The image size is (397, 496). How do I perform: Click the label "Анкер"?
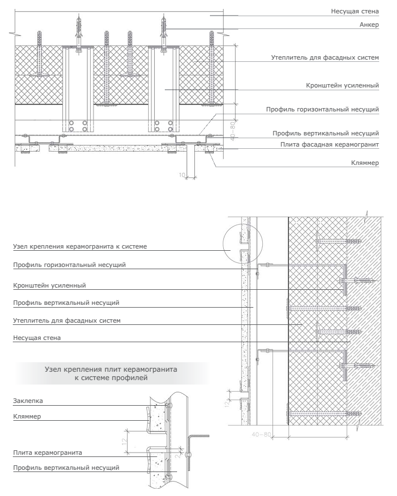point(370,25)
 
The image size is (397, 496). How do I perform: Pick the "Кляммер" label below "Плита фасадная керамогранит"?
point(366,164)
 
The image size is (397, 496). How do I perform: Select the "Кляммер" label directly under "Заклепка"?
point(26,416)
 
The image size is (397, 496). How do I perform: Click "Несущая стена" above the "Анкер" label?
point(355,11)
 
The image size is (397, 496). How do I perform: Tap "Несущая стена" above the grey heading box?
point(37,338)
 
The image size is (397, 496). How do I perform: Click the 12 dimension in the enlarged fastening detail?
point(124,439)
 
